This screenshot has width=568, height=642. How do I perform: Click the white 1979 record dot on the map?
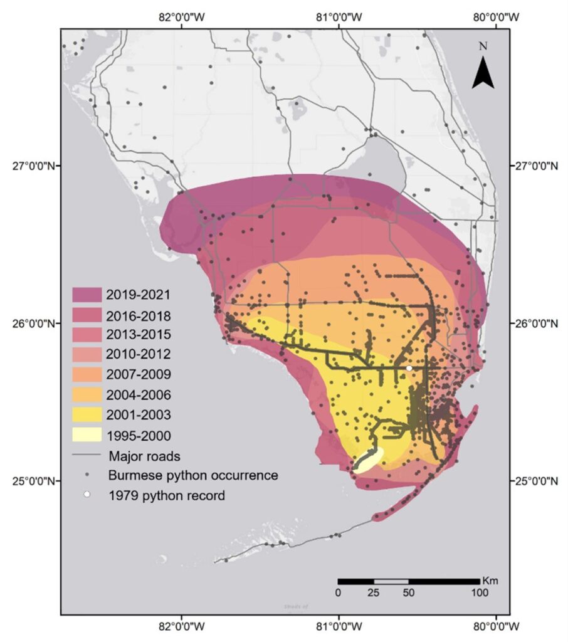[409, 368]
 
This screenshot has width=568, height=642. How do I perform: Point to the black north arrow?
[483, 71]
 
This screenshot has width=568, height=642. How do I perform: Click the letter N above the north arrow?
[483, 46]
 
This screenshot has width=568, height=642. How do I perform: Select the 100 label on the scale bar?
[480, 592]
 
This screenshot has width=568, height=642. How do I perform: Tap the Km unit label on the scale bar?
[490, 581]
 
